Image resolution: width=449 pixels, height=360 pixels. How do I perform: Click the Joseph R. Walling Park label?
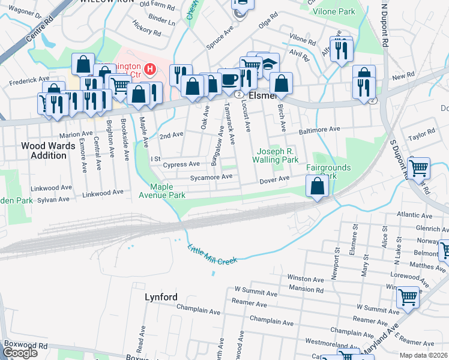click(277, 156)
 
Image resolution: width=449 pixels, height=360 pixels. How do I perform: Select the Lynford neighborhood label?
click(161, 297)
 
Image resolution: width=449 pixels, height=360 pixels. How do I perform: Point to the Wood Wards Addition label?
click(44, 151)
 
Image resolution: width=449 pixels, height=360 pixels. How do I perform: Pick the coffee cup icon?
click(228, 78)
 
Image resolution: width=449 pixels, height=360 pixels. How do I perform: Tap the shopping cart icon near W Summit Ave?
click(408, 296)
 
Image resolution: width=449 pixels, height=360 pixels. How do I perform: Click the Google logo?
click(20, 353)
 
